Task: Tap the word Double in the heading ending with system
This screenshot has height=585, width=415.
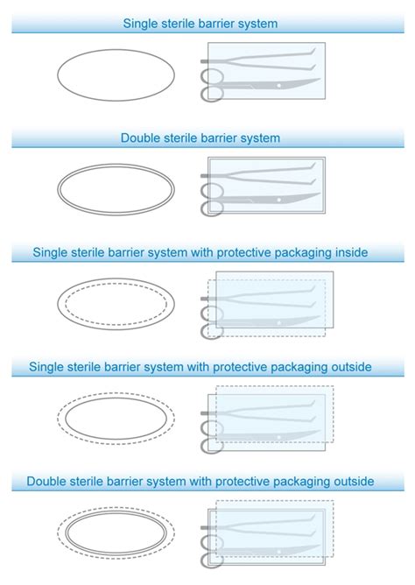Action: click(x=141, y=138)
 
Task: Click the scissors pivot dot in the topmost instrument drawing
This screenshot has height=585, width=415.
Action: click(x=278, y=86)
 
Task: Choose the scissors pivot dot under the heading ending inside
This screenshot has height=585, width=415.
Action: click(x=279, y=322)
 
